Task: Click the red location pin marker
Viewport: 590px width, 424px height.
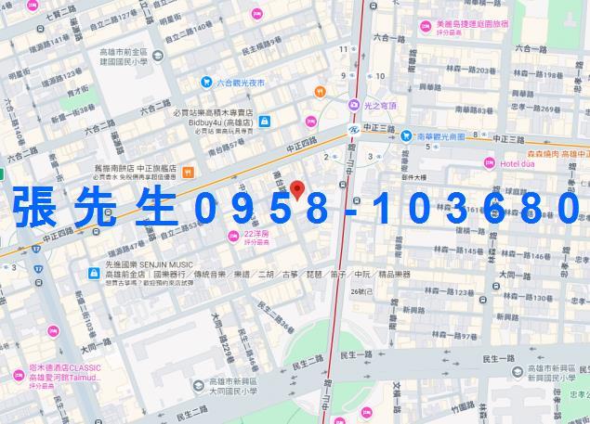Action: coord(297,190)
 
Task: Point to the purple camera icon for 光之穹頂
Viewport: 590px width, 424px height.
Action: coord(354,105)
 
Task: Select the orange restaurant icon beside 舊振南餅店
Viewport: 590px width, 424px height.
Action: coord(188,172)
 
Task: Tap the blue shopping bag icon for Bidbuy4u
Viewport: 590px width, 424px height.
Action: coord(265,121)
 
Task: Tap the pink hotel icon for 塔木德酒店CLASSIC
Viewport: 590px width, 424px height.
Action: coord(19,377)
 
